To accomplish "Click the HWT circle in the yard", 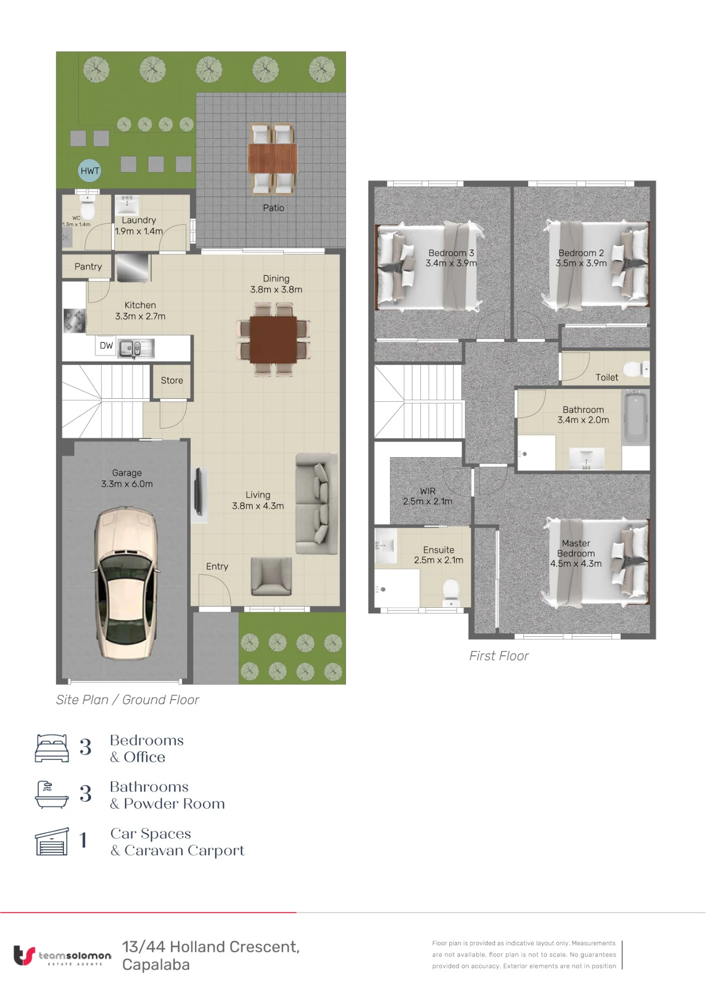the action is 90,171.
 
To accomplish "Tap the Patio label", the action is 274,208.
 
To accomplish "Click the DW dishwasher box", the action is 106,345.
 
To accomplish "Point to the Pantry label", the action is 88,266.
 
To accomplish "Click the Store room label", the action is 172,380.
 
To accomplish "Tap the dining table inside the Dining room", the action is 273,339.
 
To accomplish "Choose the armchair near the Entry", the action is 271,576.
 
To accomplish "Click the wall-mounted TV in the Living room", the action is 199,492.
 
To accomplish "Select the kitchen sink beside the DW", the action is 136,348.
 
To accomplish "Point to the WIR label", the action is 428,491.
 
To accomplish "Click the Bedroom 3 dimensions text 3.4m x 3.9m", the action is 451,263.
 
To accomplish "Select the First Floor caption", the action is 499,656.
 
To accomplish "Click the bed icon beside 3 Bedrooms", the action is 51,748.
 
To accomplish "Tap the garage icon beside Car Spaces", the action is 52,841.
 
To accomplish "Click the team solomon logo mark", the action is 24,955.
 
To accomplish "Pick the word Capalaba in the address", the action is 156,965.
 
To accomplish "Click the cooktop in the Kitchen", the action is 74,320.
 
